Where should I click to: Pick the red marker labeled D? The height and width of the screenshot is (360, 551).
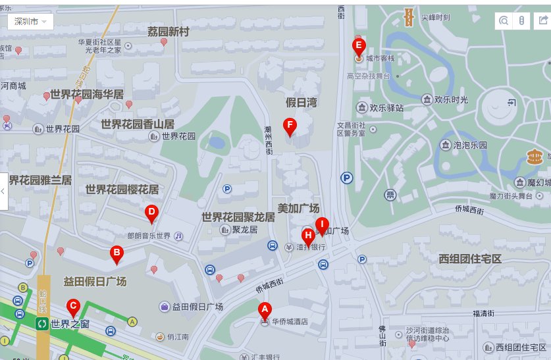pos(151,213)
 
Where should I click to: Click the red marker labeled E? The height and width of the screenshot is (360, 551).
pos(359,46)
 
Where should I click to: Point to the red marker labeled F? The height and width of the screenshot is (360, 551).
pos(289,124)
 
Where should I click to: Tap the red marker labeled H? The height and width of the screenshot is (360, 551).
pos(307,236)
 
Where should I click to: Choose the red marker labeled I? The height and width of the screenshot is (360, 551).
pos(322,224)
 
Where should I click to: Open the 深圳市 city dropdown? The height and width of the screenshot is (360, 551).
pos(30,21)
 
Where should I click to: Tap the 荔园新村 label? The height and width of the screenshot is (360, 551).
pos(168,32)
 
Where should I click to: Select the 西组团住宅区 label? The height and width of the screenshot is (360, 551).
pos(470,259)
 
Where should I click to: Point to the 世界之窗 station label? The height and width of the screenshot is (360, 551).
pos(70,324)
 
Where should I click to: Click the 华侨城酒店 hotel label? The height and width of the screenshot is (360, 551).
pos(290,322)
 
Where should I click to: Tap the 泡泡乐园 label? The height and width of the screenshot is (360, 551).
pos(470,145)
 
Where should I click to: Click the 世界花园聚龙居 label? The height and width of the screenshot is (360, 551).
pos(238,217)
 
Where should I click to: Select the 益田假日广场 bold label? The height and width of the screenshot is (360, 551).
pos(95,281)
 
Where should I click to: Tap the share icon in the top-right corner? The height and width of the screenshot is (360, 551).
pos(542,21)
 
